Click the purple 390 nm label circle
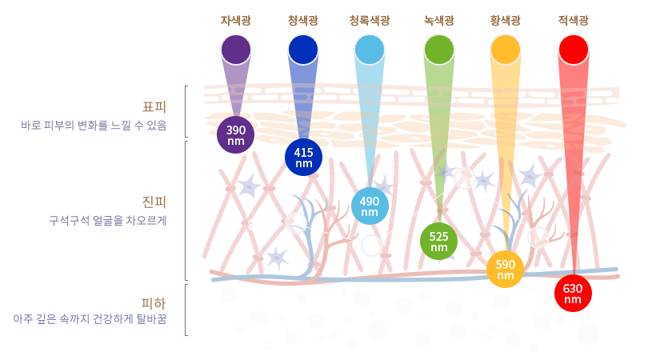[x=236, y=134]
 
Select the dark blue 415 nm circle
[x=303, y=157]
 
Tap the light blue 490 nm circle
[x=370, y=206]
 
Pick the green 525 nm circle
[x=438, y=241]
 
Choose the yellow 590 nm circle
[x=506, y=269]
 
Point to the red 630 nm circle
[x=573, y=293]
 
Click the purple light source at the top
[x=236, y=50]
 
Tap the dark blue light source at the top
[x=303, y=50]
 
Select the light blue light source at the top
[x=370, y=50]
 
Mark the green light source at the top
[x=438, y=50]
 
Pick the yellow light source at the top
[x=506, y=50]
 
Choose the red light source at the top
[x=573, y=50]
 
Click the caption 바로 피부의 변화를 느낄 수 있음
[x=94, y=125]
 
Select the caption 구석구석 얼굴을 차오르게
[x=108, y=220]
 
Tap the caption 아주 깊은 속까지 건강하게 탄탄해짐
[x=90, y=318]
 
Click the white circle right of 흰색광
[x=296, y=223]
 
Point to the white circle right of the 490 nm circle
[x=372, y=246]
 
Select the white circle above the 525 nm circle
[x=465, y=178]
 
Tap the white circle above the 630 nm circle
[x=538, y=238]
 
